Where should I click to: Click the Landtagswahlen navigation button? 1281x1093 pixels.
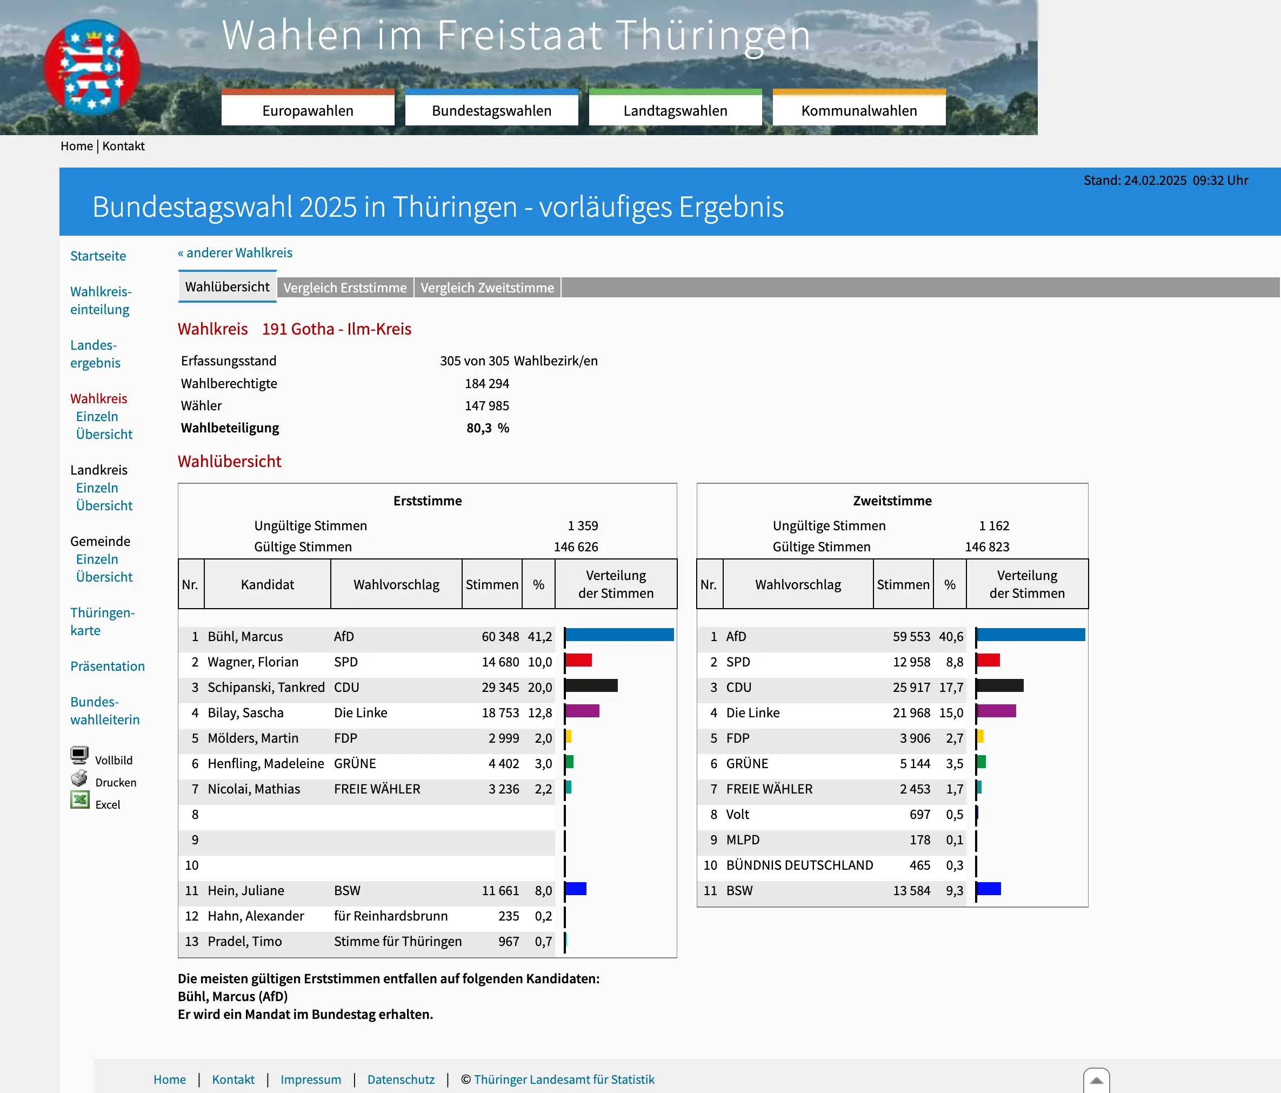click(675, 110)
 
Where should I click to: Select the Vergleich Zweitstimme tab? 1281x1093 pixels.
click(487, 288)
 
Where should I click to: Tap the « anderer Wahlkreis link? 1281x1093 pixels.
click(235, 253)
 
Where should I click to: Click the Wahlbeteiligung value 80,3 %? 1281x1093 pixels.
click(487, 428)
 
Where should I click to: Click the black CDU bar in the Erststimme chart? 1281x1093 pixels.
click(591, 685)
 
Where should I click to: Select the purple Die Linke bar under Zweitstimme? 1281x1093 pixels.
click(996, 711)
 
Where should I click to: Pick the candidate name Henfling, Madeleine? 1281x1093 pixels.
click(265, 763)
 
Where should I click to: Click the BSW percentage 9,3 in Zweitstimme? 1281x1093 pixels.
click(954, 891)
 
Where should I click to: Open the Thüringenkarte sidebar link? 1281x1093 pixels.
click(102, 621)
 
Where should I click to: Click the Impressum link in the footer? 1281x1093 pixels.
click(310, 1079)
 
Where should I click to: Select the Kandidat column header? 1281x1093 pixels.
click(267, 584)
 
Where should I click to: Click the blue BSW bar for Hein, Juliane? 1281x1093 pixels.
click(576, 889)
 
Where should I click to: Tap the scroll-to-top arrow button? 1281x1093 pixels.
click(1096, 1081)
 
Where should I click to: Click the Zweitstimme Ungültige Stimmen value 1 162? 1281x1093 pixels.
click(993, 525)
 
